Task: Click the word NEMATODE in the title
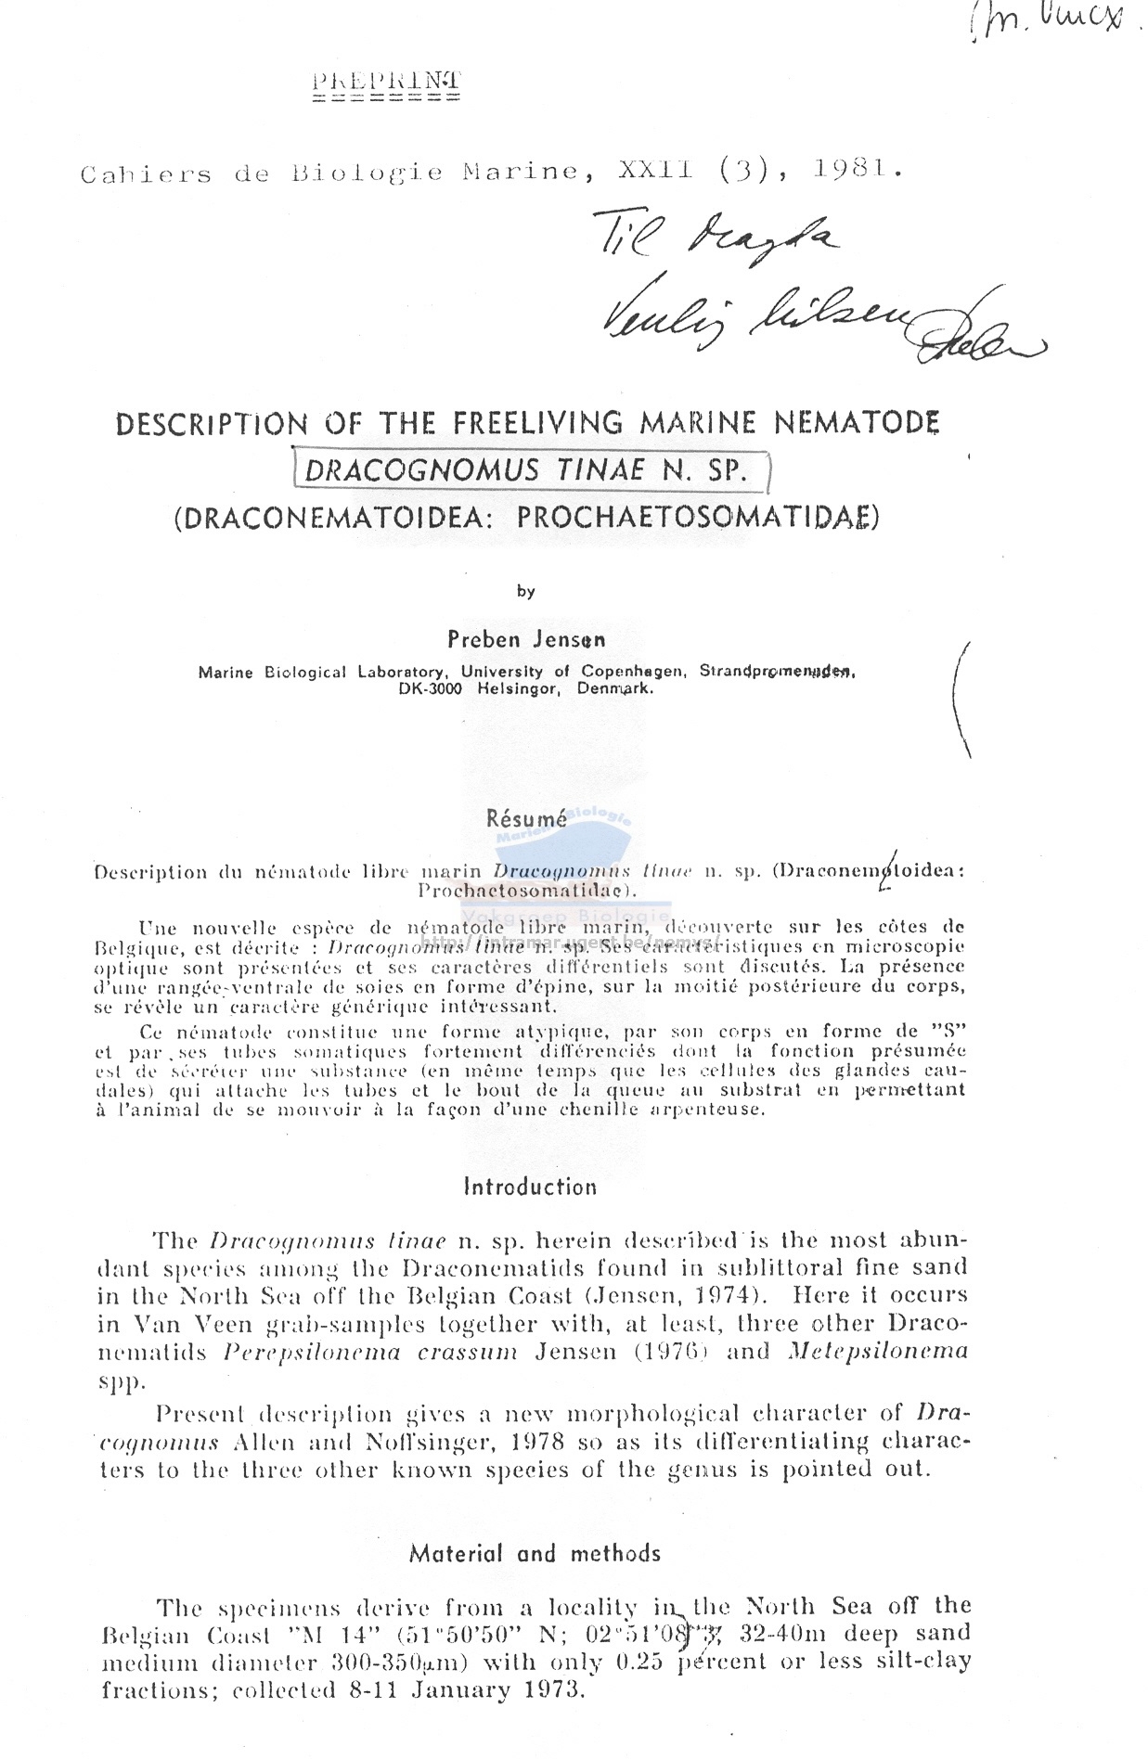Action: (x=857, y=423)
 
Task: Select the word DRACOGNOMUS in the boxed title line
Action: (x=421, y=470)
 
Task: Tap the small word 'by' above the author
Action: (x=526, y=591)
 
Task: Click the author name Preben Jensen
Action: (x=526, y=639)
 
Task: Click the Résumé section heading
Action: (x=525, y=819)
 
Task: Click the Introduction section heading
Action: (x=530, y=1187)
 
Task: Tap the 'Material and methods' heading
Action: (x=535, y=1553)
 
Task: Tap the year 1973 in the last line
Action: (x=548, y=1689)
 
